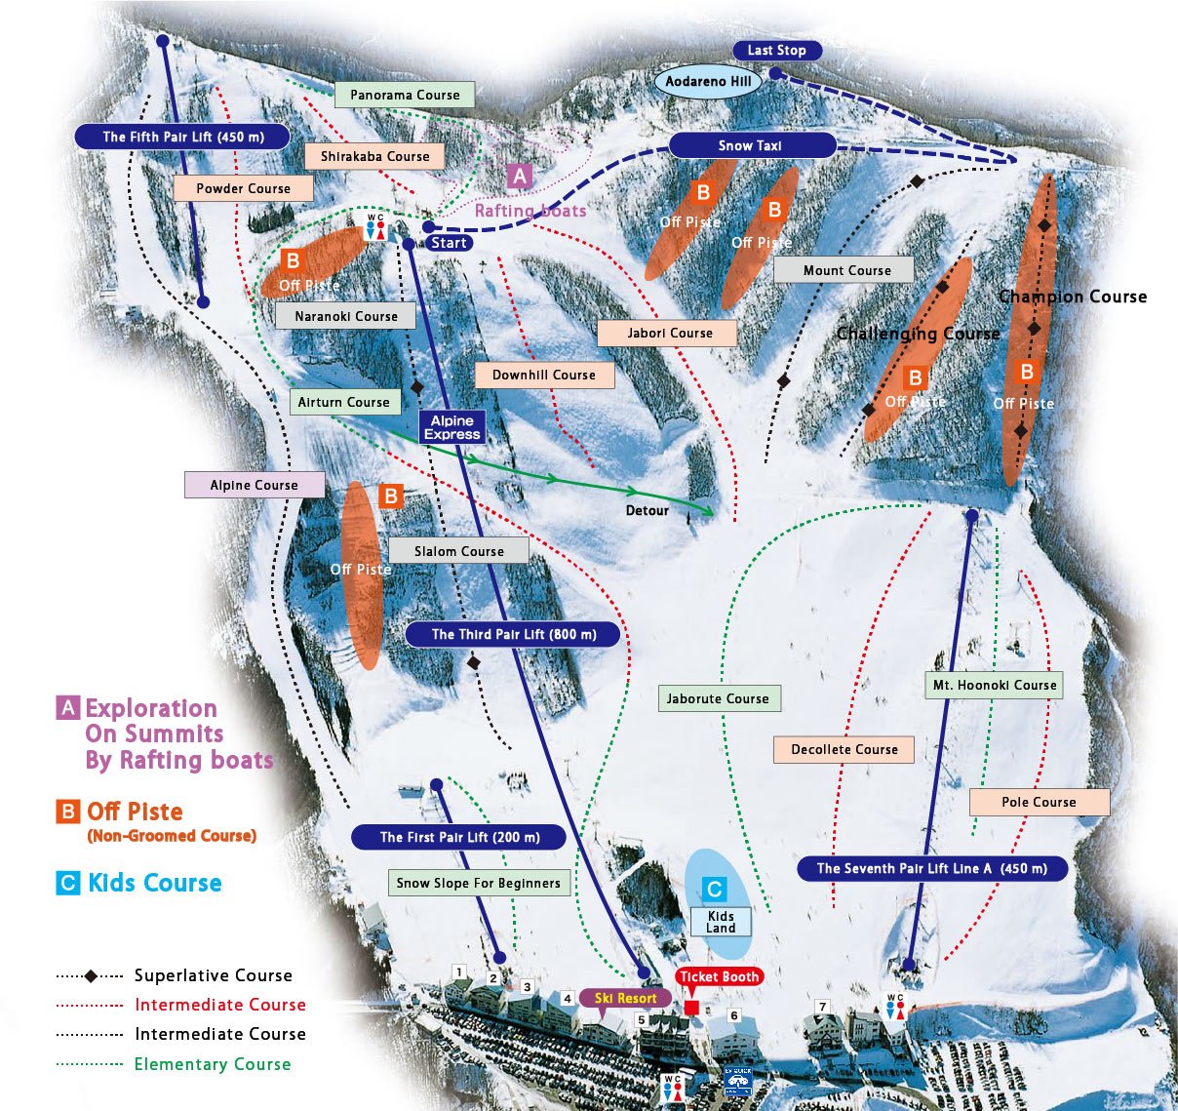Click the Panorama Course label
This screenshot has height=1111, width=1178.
pyautogui.click(x=405, y=95)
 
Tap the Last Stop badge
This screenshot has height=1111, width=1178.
pyautogui.click(x=776, y=51)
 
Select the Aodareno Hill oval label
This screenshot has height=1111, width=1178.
pyautogui.click(x=708, y=82)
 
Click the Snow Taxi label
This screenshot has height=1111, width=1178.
pyautogui.click(x=751, y=145)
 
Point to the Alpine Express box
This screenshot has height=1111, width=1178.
pyautogui.click(x=452, y=427)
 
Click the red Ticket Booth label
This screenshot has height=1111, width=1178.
pyautogui.click(x=719, y=976)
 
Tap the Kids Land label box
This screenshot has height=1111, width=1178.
pyautogui.click(x=721, y=922)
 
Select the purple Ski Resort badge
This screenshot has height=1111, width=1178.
pyautogui.click(x=625, y=998)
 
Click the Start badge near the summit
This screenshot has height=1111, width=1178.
pyautogui.click(x=449, y=243)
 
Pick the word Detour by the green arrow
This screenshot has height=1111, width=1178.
pyautogui.click(x=647, y=510)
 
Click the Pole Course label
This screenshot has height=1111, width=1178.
pyautogui.click(x=1039, y=802)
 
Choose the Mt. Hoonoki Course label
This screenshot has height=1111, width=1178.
pyautogui.click(x=994, y=685)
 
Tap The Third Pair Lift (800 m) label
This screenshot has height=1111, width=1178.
pyautogui.click(x=514, y=634)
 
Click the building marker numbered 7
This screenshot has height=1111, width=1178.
pyautogui.click(x=822, y=1007)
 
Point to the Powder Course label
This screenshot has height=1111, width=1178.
pyautogui.click(x=243, y=188)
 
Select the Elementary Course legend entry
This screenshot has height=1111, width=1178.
pyautogui.click(x=212, y=1064)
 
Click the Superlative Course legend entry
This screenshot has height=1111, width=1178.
pyautogui.click(x=213, y=975)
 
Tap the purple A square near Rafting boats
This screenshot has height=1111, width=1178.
pyautogui.click(x=520, y=176)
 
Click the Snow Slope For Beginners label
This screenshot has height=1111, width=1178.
pyautogui.click(x=478, y=883)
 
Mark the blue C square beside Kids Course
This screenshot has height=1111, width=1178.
pyautogui.click(x=67, y=884)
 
